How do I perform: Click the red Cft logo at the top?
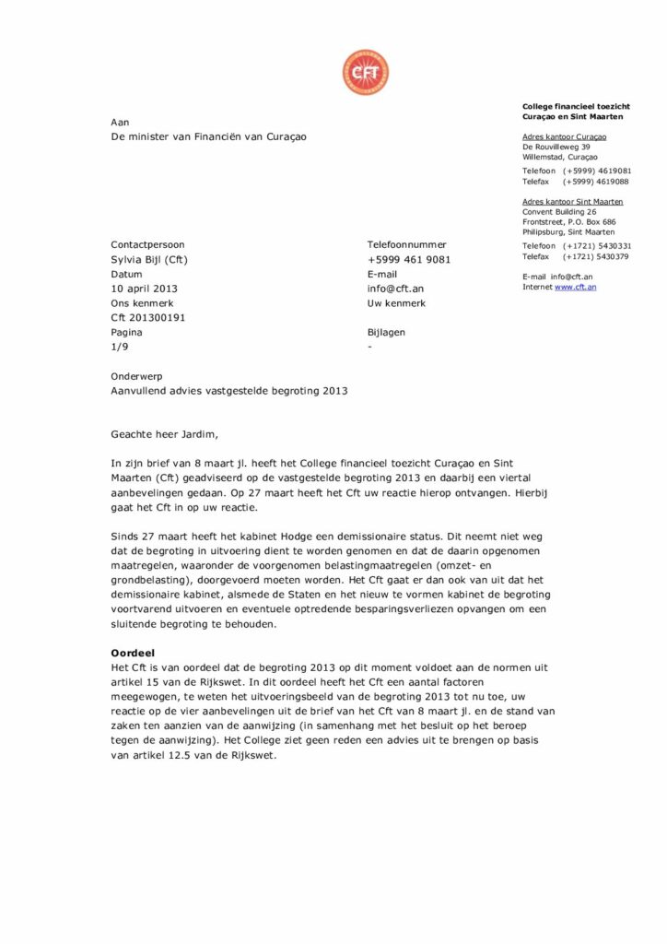(366, 72)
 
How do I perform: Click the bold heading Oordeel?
(133, 653)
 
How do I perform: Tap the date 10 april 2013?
(144, 289)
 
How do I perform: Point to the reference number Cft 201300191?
(148, 318)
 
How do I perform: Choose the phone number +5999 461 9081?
(409, 260)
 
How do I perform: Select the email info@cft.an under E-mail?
(395, 289)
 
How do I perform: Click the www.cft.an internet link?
(576, 288)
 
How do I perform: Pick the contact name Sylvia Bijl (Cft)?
(149, 260)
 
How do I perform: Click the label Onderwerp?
(138, 376)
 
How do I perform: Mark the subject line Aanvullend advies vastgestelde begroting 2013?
(229, 391)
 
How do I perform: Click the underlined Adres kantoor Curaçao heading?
(565, 137)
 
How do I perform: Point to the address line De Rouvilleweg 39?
(556, 147)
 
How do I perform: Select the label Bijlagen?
(386, 332)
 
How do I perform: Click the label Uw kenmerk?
(396, 303)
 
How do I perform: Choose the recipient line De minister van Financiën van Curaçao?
(209, 136)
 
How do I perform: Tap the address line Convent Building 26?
(559, 212)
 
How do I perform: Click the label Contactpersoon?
(147, 245)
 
